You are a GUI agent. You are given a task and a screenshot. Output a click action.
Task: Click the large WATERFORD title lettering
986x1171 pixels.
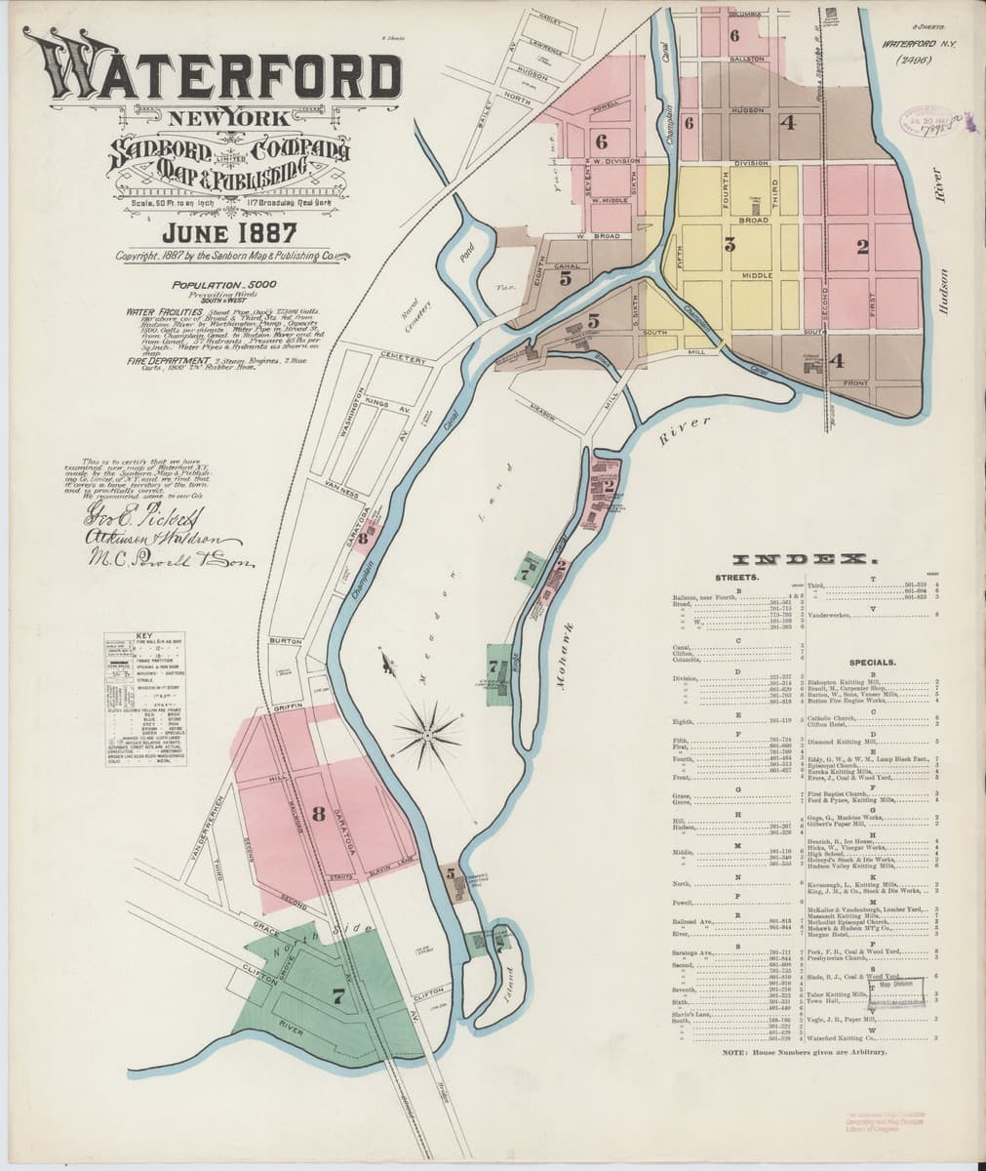(x=213, y=73)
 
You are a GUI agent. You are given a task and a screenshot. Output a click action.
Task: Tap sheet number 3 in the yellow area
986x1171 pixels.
(x=729, y=245)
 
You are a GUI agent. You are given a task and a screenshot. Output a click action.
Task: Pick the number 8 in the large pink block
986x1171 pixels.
(x=318, y=816)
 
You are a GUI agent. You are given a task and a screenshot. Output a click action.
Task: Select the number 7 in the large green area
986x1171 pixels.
(x=338, y=997)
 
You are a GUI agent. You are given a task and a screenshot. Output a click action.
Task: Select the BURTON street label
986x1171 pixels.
(x=286, y=641)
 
